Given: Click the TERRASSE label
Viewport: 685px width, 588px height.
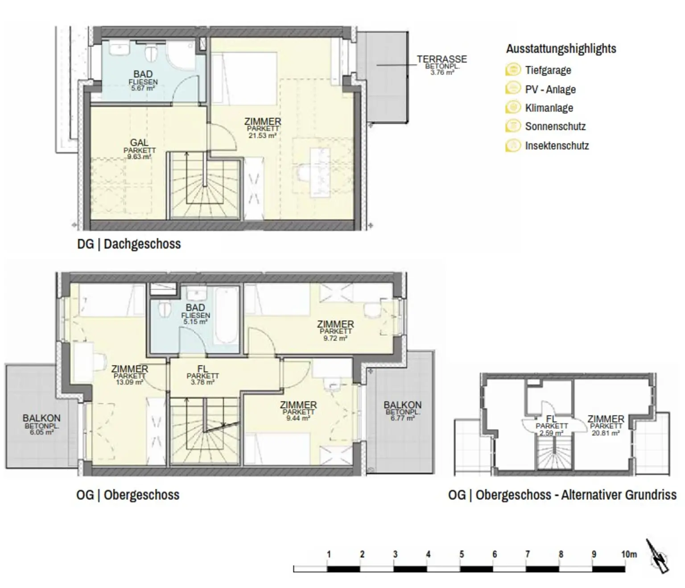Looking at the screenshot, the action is (442, 59).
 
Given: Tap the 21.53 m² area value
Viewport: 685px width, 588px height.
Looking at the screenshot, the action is (263, 135).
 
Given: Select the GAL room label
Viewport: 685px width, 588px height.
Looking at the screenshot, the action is (139, 142).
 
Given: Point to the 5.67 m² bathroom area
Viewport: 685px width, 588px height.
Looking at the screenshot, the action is (143, 88).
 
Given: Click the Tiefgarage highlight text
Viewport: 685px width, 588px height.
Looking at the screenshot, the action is (548, 70).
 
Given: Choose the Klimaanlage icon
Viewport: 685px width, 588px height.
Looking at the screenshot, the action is (513, 108).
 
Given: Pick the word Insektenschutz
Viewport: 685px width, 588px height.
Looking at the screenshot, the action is (557, 146).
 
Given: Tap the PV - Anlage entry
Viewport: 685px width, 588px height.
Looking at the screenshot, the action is (550, 89).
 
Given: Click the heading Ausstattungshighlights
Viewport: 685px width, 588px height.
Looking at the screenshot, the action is (561, 48).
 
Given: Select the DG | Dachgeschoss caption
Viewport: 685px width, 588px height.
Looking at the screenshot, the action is (129, 244).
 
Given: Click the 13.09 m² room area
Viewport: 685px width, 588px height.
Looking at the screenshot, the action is (129, 382).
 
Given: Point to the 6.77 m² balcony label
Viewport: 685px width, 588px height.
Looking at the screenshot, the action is (402, 418).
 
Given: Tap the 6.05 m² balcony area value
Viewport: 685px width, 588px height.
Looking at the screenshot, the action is (41, 432).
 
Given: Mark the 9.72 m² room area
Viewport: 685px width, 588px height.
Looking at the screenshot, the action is (335, 339).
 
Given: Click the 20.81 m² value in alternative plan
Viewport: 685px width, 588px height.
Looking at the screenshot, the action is (606, 433).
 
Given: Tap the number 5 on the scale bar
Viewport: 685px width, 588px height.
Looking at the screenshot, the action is (462, 554).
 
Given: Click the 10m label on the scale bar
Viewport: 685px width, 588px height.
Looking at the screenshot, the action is (629, 554).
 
